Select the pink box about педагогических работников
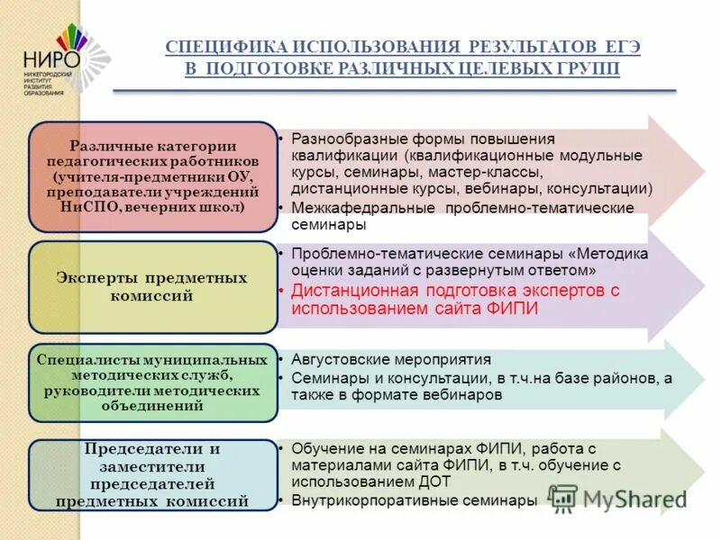coord(153,176)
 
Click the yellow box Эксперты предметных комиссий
coord(153,286)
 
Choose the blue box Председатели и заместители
coord(153,474)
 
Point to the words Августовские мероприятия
coord(391,359)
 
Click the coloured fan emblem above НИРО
coord(72,36)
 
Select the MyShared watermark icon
coord(563,498)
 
